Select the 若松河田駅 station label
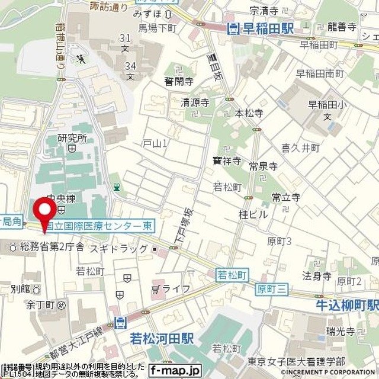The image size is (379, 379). pyautogui.click(x=155, y=338)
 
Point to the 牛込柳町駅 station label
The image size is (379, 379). pyautogui.click(x=347, y=305)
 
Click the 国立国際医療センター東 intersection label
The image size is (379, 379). pyautogui.click(x=102, y=226)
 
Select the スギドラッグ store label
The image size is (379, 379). pyautogui.click(x=118, y=249)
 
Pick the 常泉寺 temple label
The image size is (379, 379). pyautogui.click(x=264, y=166)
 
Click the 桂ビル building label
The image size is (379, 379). pyautogui.click(x=253, y=214)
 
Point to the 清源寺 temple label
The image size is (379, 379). pyautogui.click(x=195, y=102)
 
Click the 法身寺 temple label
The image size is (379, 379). pyautogui.click(x=316, y=275)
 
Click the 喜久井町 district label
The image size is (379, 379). pyautogui.click(x=300, y=148)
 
